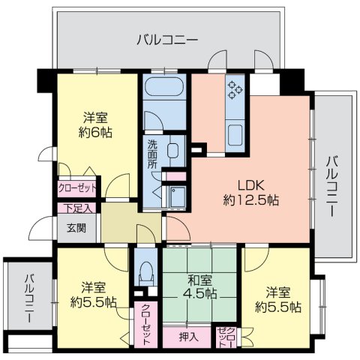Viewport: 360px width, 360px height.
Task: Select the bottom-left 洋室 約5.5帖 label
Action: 94,295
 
